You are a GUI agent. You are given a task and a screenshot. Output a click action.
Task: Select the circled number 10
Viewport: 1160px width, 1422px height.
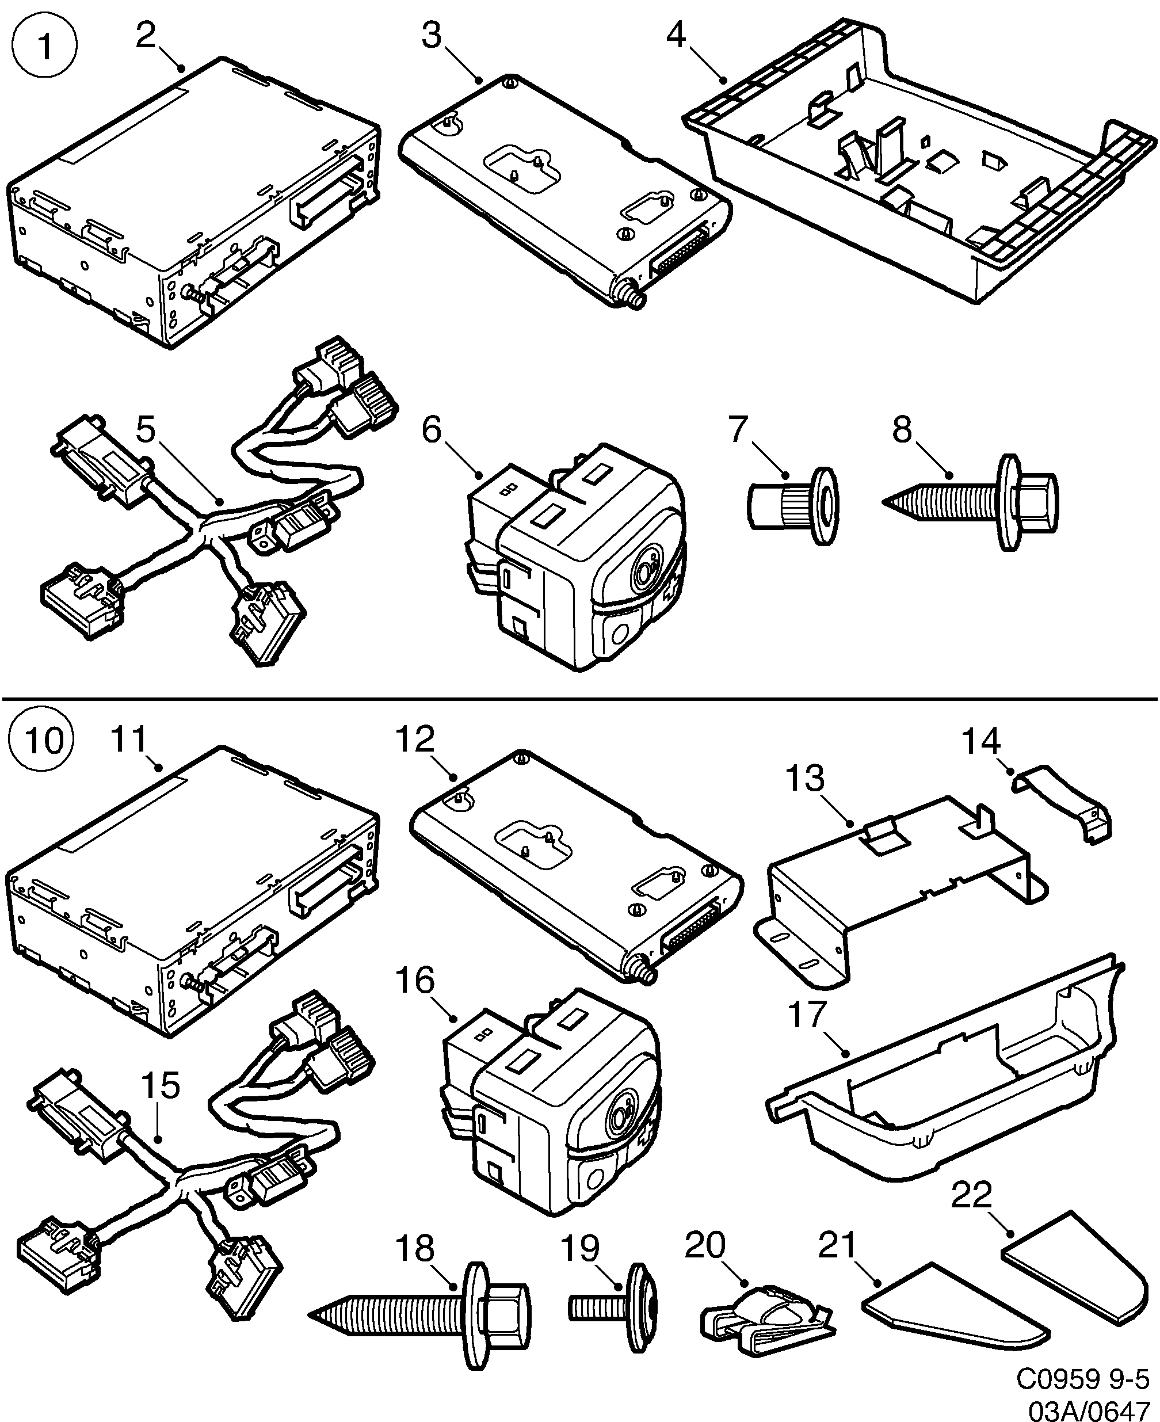[x=41, y=741]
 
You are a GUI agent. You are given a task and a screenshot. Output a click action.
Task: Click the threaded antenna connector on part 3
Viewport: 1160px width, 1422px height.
[x=631, y=297]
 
